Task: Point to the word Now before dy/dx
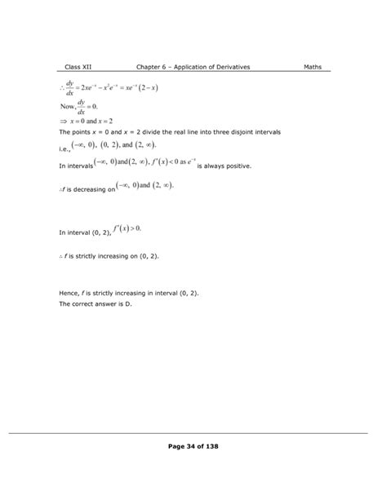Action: point(69,106)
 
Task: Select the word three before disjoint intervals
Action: point(232,131)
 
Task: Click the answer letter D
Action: point(129,303)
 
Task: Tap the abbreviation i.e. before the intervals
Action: point(65,149)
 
